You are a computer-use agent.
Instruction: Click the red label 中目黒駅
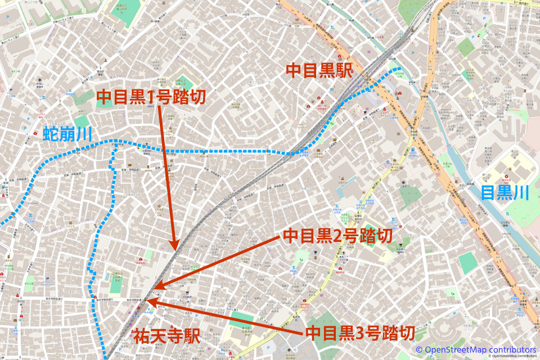pos(319,70)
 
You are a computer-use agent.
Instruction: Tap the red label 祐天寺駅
pos(166,336)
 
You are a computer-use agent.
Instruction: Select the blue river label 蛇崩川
pos(67,134)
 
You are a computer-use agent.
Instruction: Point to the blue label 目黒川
pos(505,193)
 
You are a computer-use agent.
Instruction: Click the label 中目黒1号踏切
pos(151,97)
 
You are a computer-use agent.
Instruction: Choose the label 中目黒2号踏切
pos(337,236)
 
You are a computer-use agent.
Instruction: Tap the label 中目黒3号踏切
pos(360,333)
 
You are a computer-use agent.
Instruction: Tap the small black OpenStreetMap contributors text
pos(514,356)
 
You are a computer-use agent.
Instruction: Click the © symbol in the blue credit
pos(419,349)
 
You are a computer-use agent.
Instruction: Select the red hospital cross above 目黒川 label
pos(506,176)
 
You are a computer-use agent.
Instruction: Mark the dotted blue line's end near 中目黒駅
pos(400,69)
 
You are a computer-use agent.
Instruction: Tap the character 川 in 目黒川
pos(521,193)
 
